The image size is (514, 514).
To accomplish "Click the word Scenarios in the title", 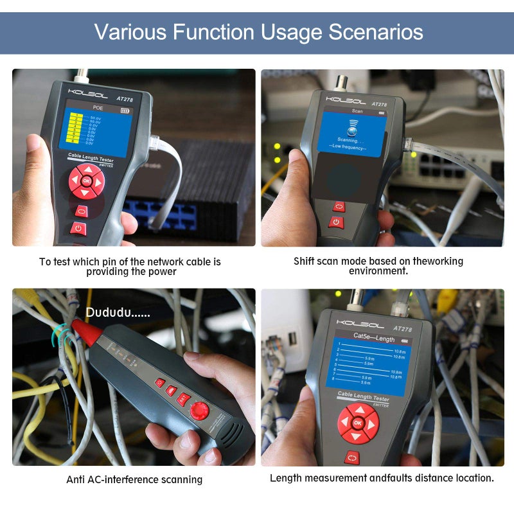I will (377, 31).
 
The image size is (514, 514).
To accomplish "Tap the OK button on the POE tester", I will (86, 181).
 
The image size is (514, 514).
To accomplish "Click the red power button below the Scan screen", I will (335, 222).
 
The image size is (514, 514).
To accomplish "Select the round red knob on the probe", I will (201, 410).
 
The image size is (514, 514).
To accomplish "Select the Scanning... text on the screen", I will (351, 139).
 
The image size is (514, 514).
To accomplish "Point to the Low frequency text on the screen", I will (349, 147).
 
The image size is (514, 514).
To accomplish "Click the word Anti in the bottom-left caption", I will (76, 479).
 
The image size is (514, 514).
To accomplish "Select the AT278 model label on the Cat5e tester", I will (402, 329).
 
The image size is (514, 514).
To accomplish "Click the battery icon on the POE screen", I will (124, 111).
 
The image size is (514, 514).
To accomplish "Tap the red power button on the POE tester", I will (79, 228).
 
